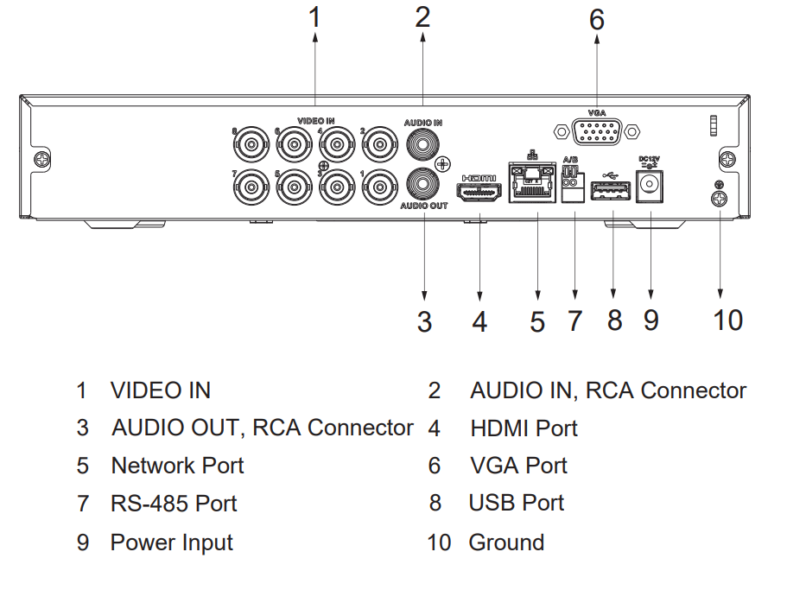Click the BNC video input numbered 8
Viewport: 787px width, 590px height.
pos(252,143)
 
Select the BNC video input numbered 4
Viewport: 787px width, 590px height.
pos(337,143)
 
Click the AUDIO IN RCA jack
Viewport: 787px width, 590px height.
pos(423,143)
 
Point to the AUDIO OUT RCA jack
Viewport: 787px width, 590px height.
pos(423,183)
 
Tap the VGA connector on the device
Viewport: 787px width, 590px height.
pos(597,131)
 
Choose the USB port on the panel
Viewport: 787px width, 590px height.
pos(611,188)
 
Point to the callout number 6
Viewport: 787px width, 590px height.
pos(597,20)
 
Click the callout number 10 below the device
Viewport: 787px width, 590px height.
pos(727,320)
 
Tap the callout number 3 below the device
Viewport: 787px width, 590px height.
pos(423,321)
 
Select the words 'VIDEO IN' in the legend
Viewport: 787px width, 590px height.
pos(161,390)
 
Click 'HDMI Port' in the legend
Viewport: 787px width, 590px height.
pos(524,428)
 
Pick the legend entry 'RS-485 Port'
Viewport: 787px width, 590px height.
pos(174,504)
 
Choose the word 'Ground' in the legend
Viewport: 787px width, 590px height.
pos(506,542)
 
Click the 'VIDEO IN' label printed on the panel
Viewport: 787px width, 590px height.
pos(316,122)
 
